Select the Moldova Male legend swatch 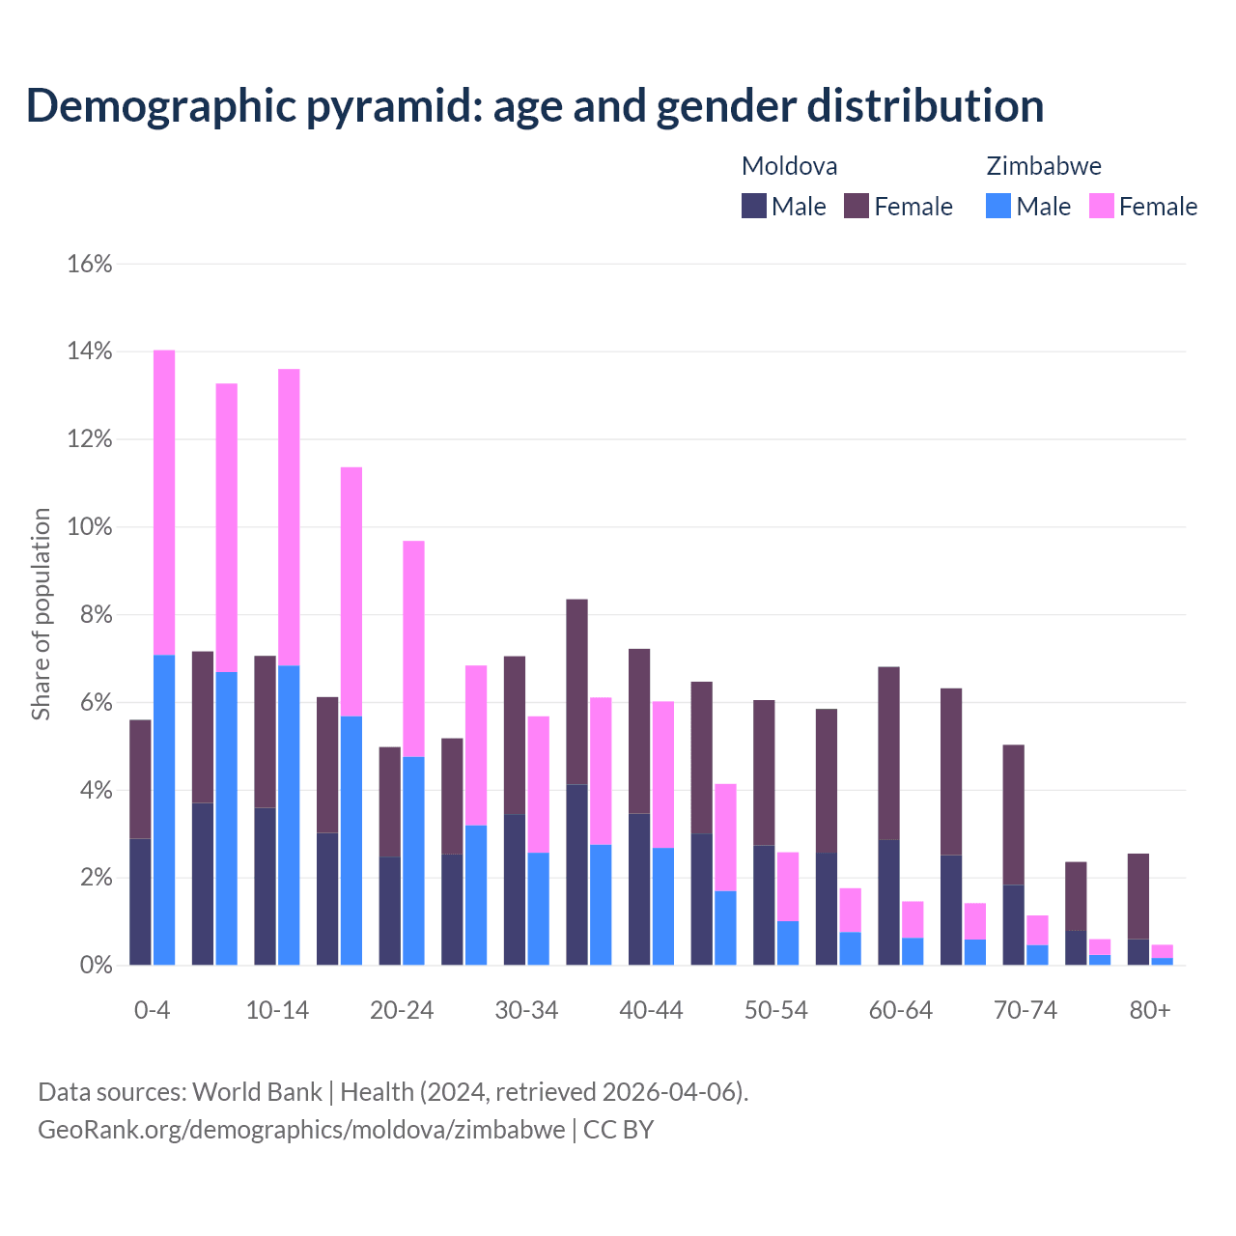point(753,206)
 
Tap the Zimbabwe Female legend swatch point(1101,206)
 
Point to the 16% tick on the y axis point(90,264)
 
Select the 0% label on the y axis point(95,966)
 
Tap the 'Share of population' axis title point(41,614)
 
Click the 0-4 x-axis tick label point(152,1010)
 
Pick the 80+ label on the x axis point(1149,1010)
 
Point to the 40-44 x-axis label point(651,1010)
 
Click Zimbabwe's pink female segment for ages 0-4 point(164,502)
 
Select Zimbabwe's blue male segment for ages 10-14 point(289,816)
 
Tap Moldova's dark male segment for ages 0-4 point(140,902)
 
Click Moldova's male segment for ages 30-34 point(515,889)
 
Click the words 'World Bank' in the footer point(257,1092)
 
